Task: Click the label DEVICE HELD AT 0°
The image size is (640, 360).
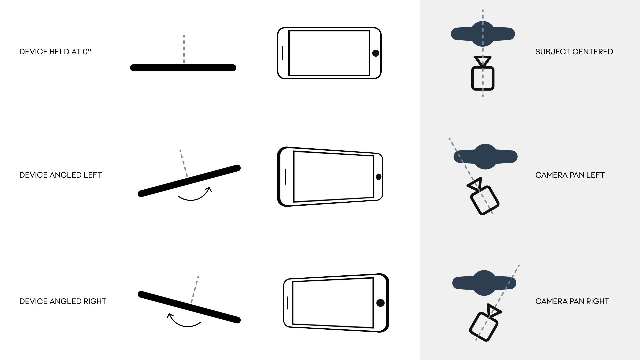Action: click(55, 52)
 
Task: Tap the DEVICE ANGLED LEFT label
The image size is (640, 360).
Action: click(61, 175)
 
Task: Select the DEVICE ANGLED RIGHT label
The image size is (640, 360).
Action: click(63, 301)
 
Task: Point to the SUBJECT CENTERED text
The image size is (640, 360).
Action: click(574, 52)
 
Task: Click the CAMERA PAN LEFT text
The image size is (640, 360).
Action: click(570, 175)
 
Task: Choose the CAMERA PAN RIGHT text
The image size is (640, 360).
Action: click(572, 301)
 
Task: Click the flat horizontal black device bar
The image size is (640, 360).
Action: click(183, 68)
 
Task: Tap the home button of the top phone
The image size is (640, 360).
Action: click(376, 53)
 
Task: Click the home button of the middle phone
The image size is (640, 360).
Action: click(379, 177)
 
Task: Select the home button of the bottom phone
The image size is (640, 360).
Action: click(380, 303)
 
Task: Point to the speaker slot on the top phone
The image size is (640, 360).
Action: click(282, 53)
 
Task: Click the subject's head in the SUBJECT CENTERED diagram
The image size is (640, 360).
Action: click(483, 34)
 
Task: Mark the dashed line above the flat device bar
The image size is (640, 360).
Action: click(184, 49)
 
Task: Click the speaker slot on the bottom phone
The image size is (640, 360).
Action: click(287, 303)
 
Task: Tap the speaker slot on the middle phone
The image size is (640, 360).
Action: click(286, 177)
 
